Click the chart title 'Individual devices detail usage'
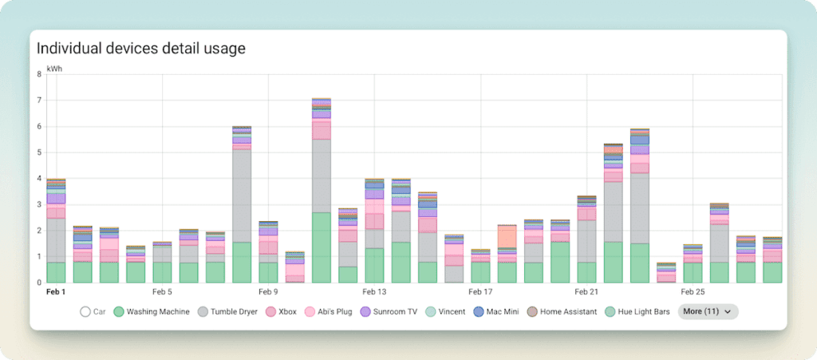pyautogui.click(x=141, y=49)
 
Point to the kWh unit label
pyautogui.click(x=54, y=69)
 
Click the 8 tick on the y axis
pyautogui.click(x=39, y=74)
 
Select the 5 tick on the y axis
pyautogui.click(x=39, y=152)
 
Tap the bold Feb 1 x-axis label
pyautogui.click(x=56, y=292)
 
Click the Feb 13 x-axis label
pyautogui.click(x=374, y=292)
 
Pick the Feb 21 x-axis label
pyautogui.click(x=586, y=292)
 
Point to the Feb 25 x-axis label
pyautogui.click(x=693, y=292)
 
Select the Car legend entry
pyautogui.click(x=95, y=311)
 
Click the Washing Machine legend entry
pyautogui.click(x=152, y=311)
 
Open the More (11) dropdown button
pyautogui.click(x=708, y=311)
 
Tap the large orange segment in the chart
pyautogui.click(x=507, y=236)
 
